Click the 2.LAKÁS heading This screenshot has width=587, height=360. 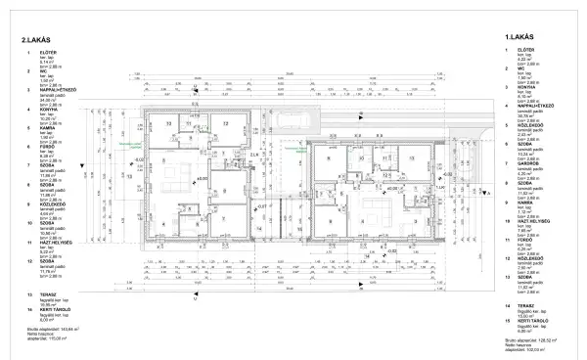(35, 39)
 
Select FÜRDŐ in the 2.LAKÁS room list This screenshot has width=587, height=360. (46, 145)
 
